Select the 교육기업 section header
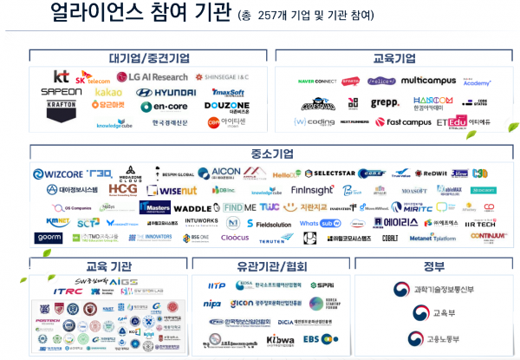pos(393,58)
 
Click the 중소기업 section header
pos(270,153)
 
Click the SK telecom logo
pos(93,78)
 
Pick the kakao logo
pos(108,92)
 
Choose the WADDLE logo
pos(192,208)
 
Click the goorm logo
pos(49,238)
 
